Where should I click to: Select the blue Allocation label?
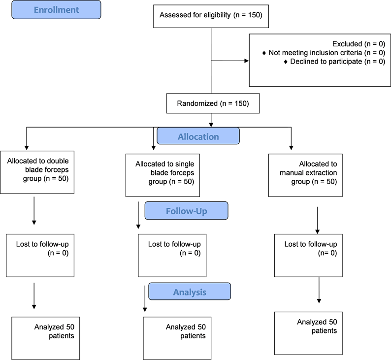pyautogui.click(x=198, y=136)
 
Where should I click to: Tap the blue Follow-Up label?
pyautogui.click(x=186, y=211)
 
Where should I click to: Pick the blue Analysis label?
pyautogui.click(x=190, y=292)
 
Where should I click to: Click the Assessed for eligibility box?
pyautogui.click(x=211, y=16)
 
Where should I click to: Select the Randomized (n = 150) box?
pyautogui.click(x=213, y=104)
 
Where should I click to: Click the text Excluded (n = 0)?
pyautogui.click(x=358, y=44)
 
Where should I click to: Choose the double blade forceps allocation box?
pyautogui.click(x=37, y=172)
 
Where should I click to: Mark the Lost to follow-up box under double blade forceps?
pyautogui.click(x=40, y=255)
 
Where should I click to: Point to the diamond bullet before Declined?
pyautogui.click(x=286, y=62)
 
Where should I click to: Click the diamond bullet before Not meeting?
pyautogui.click(x=264, y=53)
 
